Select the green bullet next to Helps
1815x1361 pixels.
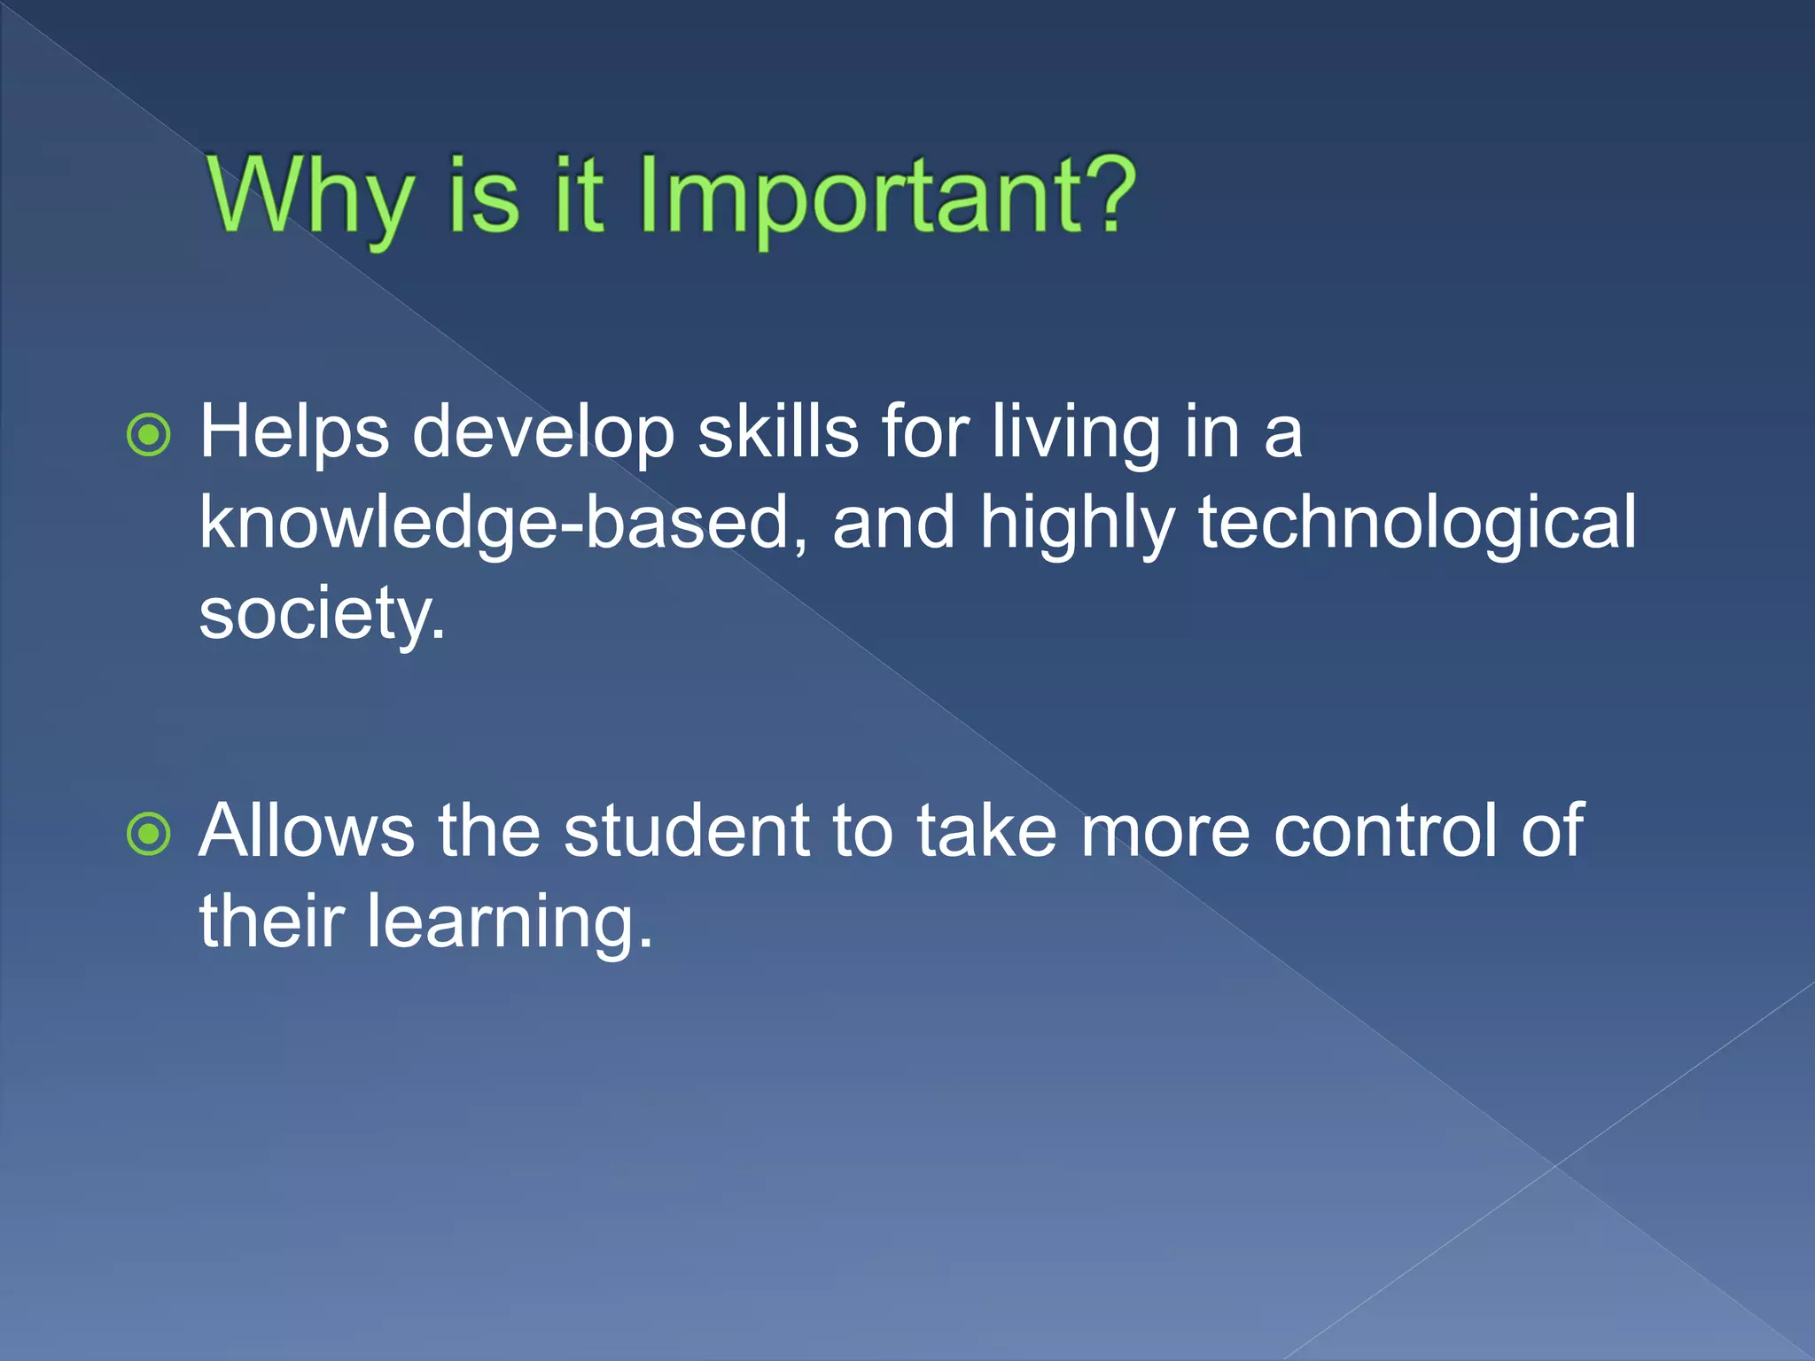pos(148,435)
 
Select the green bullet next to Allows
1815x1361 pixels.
pos(148,834)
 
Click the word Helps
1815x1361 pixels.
pos(293,433)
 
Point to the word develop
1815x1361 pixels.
pos(542,433)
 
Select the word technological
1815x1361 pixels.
pos(1417,523)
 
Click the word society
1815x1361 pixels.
pos(321,615)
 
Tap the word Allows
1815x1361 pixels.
pos(306,831)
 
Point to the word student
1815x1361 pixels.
pos(686,831)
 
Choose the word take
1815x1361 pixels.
pos(985,831)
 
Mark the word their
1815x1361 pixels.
pos(271,922)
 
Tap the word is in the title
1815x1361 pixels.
pos(483,197)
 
